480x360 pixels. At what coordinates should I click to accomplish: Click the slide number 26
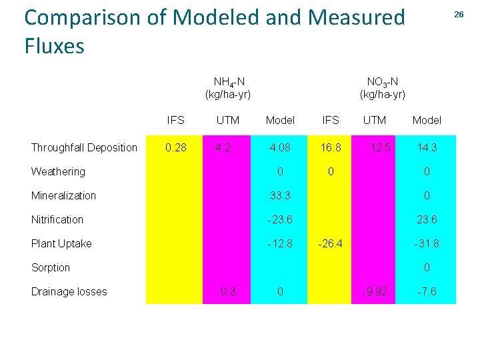pyautogui.click(x=459, y=14)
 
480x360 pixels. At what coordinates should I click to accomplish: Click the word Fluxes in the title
pyautogui.click(x=55, y=46)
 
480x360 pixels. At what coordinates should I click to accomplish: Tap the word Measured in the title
pyautogui.click(x=358, y=17)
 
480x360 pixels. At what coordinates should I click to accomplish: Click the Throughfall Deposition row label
pyautogui.click(x=84, y=147)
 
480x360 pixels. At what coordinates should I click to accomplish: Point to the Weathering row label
pyautogui.click(x=58, y=171)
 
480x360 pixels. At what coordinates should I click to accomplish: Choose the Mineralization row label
pyautogui.click(x=63, y=195)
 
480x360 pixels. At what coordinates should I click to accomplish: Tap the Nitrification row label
pyautogui.click(x=57, y=219)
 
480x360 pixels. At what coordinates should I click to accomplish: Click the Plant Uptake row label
pyautogui.click(x=61, y=243)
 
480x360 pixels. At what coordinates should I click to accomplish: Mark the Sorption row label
pyautogui.click(x=51, y=267)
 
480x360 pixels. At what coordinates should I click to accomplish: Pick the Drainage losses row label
pyautogui.click(x=69, y=291)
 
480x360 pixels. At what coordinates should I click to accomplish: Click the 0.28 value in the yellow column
pyautogui.click(x=176, y=147)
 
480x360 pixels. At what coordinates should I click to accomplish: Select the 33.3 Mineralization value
pyautogui.click(x=280, y=195)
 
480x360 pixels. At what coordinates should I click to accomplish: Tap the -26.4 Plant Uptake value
pyautogui.click(x=330, y=243)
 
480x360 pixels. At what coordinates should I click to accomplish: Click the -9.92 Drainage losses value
pyautogui.click(x=374, y=291)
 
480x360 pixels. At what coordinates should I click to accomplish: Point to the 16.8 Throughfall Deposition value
pyautogui.click(x=330, y=147)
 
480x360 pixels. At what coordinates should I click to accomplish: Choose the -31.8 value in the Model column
pyautogui.click(x=427, y=243)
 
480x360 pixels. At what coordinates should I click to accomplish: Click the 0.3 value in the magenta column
pyautogui.click(x=227, y=291)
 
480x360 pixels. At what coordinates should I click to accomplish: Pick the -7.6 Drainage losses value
pyautogui.click(x=427, y=291)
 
